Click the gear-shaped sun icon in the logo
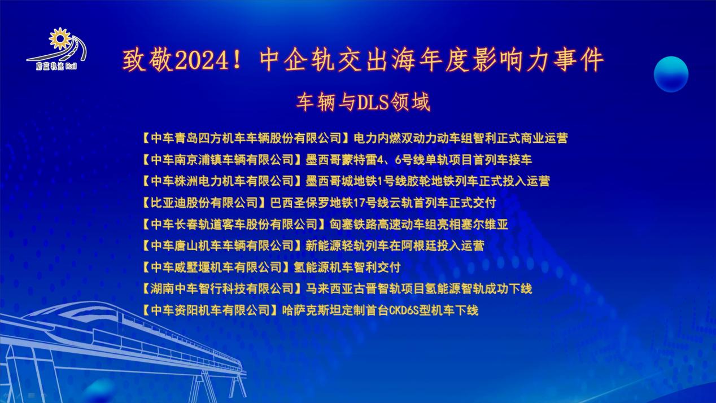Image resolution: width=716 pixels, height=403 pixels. coord(60,39)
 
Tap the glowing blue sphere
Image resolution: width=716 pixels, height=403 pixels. coord(671,74)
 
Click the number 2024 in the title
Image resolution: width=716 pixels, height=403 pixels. coord(202,61)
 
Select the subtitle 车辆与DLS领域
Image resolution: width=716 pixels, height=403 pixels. coord(363,102)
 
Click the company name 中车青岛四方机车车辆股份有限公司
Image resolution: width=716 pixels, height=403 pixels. coord(246,138)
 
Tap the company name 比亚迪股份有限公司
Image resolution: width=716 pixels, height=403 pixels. coord(204,203)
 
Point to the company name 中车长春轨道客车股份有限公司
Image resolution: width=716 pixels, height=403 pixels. coord(234,224)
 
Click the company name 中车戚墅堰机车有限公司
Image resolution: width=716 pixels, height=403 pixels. coord(216,267)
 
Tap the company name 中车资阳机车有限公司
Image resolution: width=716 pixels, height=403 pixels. coord(210,310)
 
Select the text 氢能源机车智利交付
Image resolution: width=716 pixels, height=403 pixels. coord(347,267)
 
